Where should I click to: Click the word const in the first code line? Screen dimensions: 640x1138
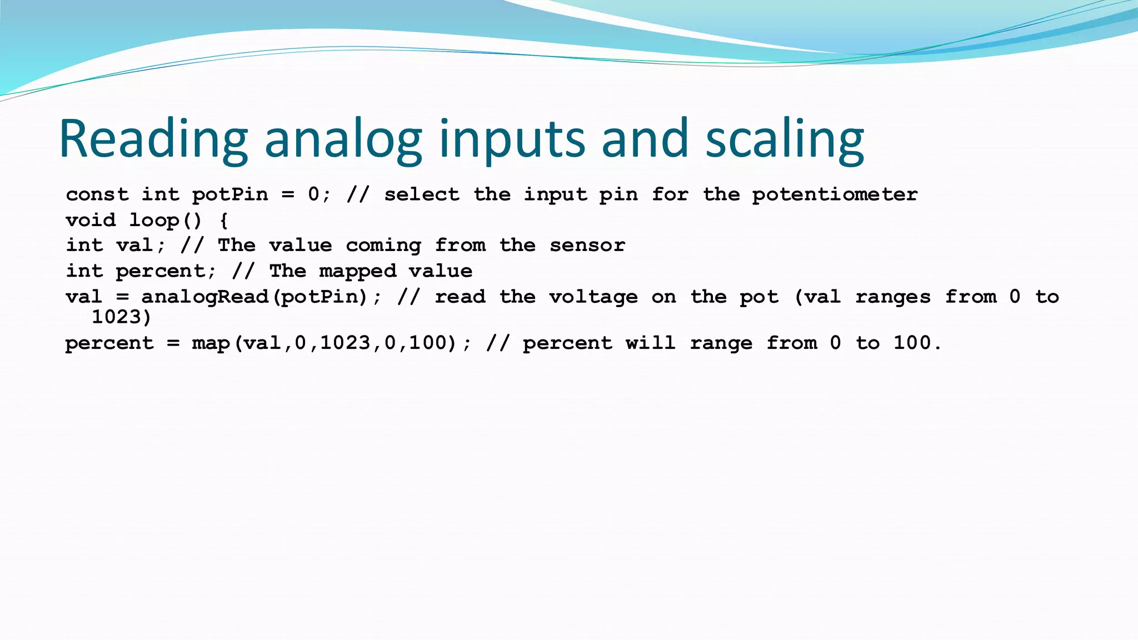pos(97,194)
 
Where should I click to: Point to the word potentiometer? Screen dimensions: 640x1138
pos(835,194)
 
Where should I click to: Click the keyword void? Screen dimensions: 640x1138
pos(91,220)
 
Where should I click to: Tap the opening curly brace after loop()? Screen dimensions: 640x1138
pos(223,221)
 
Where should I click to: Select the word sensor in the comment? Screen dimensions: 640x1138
pos(587,245)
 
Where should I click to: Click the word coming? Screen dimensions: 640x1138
pos(383,246)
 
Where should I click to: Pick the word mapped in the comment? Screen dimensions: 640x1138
pos(358,271)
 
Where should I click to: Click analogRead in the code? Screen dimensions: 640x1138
pos(205,297)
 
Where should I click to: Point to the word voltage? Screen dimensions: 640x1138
pos(593,297)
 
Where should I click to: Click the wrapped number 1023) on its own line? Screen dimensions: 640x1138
pos(121,317)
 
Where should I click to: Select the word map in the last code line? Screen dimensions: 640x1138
pos(211,343)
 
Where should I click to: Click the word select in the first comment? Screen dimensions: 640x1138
pos(422,194)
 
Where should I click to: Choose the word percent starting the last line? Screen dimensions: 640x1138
pos(109,343)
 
